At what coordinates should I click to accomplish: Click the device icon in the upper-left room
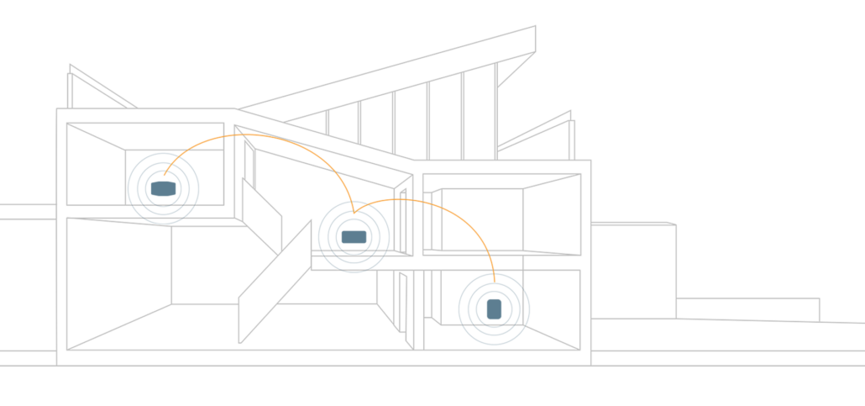(164, 188)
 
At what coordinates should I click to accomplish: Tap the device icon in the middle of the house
(354, 237)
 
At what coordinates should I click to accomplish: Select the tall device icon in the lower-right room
(494, 308)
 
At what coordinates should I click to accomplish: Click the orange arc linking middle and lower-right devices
(437, 207)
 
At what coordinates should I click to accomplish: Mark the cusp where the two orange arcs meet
(354, 212)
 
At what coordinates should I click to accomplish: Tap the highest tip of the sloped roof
(535, 27)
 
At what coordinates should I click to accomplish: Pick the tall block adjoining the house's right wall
(634, 269)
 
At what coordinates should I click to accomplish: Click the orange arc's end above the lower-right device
(495, 277)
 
